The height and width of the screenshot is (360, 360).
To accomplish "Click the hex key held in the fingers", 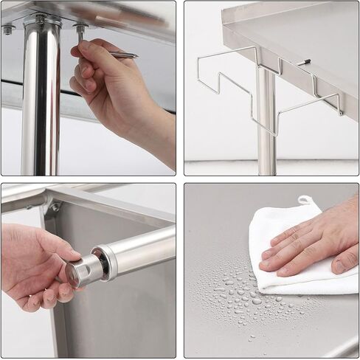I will (121, 55).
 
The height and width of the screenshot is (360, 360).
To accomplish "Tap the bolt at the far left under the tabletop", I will (9, 30).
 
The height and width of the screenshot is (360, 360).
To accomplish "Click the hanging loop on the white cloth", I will (305, 200).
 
